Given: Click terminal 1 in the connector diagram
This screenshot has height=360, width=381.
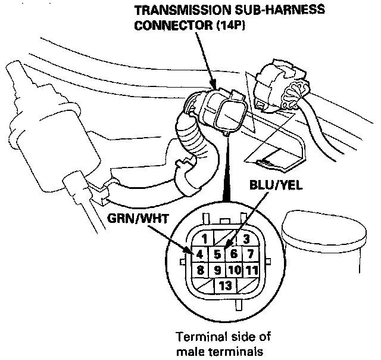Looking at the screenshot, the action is coord(204,239).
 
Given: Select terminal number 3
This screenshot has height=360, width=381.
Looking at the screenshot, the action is coord(245,239).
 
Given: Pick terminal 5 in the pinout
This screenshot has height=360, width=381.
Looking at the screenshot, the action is coord(218,253).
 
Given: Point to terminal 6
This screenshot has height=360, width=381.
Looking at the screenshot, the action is coord(234,253).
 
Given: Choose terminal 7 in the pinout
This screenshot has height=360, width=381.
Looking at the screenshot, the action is coord(251,253).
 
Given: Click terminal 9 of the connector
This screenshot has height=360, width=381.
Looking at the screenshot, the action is coord(218,269).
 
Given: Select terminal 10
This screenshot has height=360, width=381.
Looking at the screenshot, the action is coord(234,269).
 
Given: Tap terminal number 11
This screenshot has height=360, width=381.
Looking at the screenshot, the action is coord(251,269).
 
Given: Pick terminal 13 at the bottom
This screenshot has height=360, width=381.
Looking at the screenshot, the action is coord(225,285).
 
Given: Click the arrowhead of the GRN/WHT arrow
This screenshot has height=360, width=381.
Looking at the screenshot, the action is coord(191,252).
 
